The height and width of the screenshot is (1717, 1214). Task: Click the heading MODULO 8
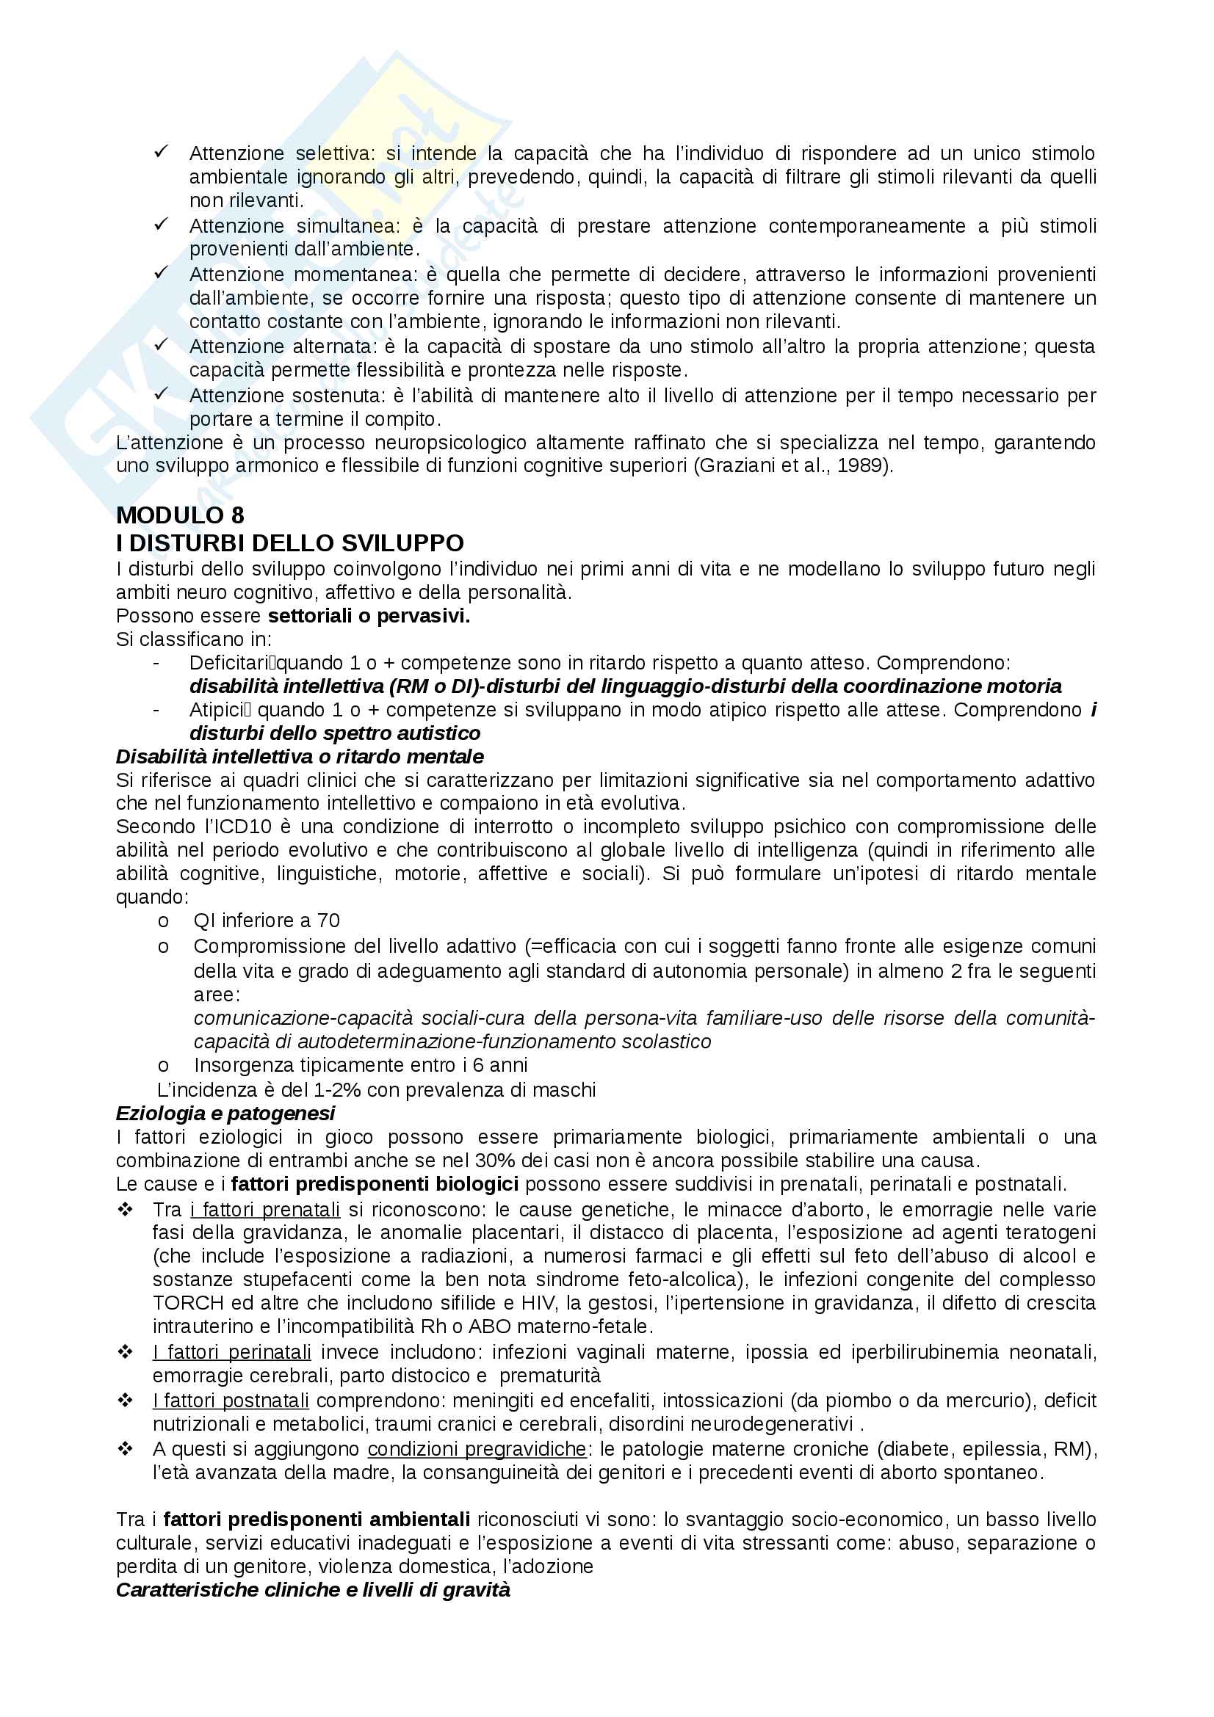[179, 515]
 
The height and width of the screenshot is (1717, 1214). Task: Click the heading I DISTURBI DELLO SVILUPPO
[289, 543]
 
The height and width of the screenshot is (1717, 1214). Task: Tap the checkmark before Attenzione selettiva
[161, 152]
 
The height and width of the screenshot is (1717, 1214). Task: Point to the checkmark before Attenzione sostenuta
[161, 394]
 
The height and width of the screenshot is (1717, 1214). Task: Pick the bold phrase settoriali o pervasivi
[369, 616]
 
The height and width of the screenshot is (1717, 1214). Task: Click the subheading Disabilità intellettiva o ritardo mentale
[299, 757]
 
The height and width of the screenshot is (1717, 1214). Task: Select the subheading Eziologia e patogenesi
[225, 1114]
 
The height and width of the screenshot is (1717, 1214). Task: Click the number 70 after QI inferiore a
[328, 921]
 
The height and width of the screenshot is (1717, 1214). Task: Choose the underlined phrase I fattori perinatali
[232, 1352]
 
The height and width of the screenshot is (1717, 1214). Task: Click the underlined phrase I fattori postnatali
[231, 1400]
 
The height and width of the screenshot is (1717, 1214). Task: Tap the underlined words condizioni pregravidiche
[477, 1448]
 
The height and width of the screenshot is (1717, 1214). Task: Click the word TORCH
[188, 1304]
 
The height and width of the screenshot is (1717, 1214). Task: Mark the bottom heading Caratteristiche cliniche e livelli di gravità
[313, 1589]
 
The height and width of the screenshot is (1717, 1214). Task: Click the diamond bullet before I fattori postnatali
[126, 1400]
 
